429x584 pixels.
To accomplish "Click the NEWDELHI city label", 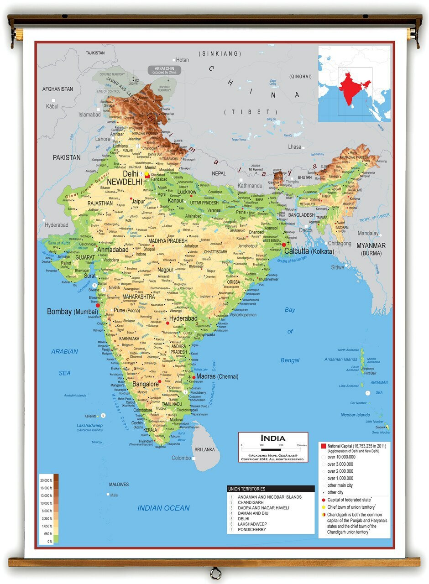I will coord(124,182).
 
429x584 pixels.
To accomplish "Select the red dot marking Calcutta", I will coord(283,245).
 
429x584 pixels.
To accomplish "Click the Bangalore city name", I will coord(145,384).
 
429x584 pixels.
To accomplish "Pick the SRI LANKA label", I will coord(204,449).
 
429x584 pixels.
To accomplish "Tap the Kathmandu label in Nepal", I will coord(250,186).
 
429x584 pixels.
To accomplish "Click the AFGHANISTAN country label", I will coord(58,89).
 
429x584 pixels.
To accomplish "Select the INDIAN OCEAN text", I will coord(163,508).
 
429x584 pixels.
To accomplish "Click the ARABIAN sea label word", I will coord(64,351).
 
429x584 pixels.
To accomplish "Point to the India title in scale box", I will coord(273,438).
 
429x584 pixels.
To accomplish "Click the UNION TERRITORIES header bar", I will coord(271,489).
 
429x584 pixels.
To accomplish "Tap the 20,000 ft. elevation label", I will coord(46,481).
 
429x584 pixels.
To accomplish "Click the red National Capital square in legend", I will coord(323,446).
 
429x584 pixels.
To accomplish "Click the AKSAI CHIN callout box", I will coord(164,70).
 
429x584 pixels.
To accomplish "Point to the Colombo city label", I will coord(181,458).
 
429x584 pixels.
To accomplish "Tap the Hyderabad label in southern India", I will coord(183,318).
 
